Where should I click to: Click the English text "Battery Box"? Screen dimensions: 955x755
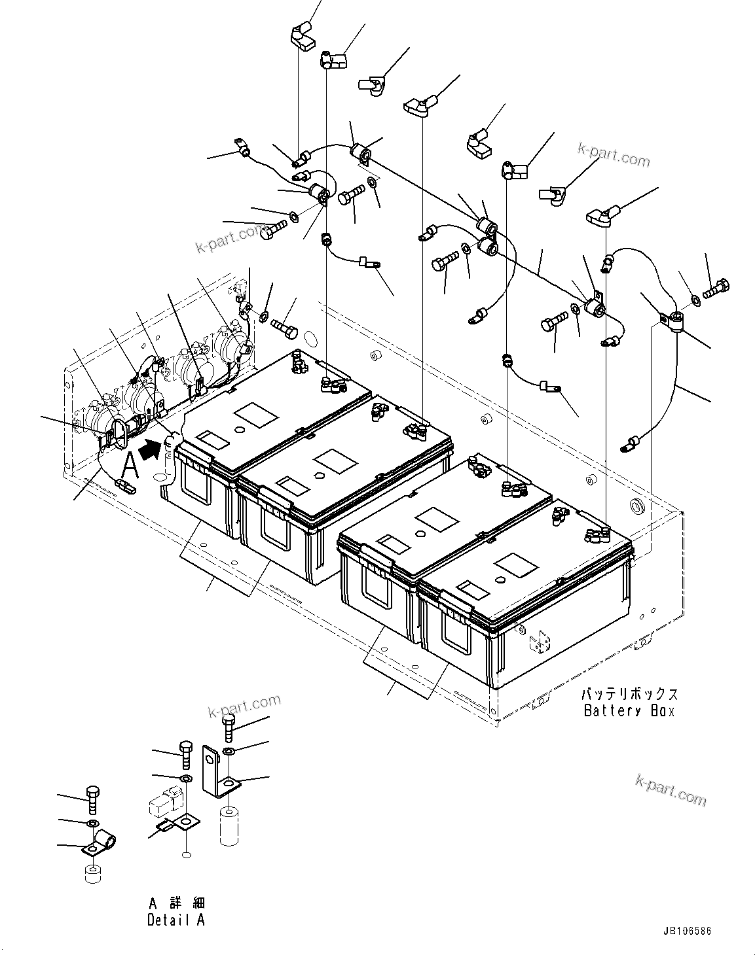click(x=628, y=711)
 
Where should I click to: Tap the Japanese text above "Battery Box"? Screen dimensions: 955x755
click(x=629, y=694)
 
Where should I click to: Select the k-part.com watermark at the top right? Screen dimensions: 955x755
click(x=613, y=154)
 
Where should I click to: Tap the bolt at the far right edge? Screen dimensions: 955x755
click(x=718, y=286)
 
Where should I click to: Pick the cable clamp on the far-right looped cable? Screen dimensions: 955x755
click(x=672, y=321)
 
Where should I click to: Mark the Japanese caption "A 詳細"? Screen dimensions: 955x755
click(x=175, y=903)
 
